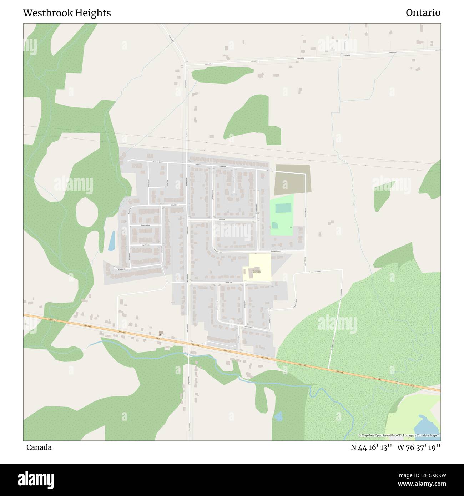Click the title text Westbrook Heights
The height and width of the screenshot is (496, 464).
click(67, 13)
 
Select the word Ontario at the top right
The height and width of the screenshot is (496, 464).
click(423, 13)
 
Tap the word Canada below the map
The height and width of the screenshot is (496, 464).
click(39, 447)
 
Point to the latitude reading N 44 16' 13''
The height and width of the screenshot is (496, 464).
click(372, 447)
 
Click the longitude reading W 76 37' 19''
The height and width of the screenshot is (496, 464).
click(419, 447)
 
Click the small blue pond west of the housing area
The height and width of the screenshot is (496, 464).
click(112, 241)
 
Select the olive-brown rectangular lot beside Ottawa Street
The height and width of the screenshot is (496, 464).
click(292, 178)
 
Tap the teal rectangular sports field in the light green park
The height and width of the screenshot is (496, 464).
click(283, 208)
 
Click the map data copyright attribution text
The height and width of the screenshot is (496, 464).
click(399, 435)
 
